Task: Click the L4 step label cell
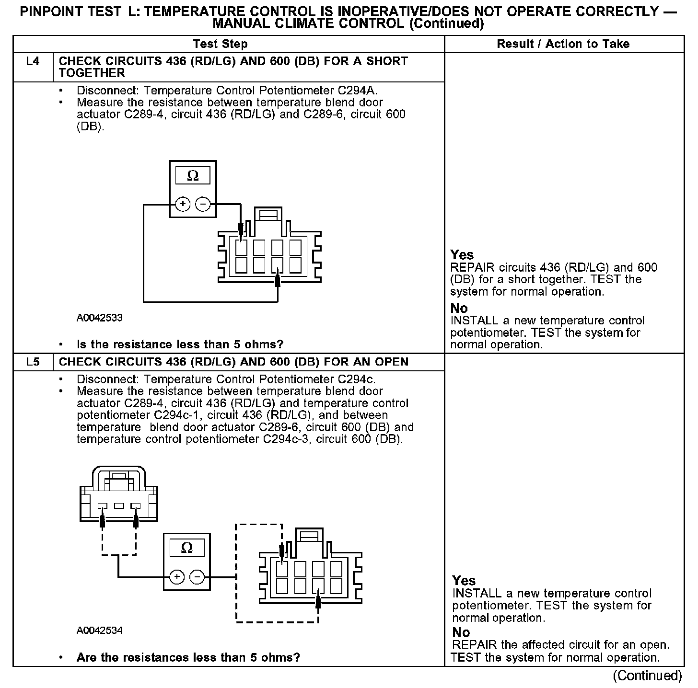(x=33, y=62)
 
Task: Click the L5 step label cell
(x=33, y=362)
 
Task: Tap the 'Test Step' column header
(x=220, y=44)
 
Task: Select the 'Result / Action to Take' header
(x=563, y=44)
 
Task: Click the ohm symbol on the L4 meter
(x=193, y=176)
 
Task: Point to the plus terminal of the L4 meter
(x=183, y=205)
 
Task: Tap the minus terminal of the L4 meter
(x=203, y=205)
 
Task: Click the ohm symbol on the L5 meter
(x=187, y=548)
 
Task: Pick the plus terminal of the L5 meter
(x=176, y=577)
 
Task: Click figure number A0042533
(x=99, y=318)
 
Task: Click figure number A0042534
(x=99, y=631)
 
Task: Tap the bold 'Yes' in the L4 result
(x=462, y=255)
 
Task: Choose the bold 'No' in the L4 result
(x=459, y=308)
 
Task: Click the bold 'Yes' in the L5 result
(x=464, y=581)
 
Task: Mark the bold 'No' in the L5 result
(x=461, y=632)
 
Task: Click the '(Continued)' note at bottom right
(x=647, y=676)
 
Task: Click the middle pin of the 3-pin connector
(x=119, y=505)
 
